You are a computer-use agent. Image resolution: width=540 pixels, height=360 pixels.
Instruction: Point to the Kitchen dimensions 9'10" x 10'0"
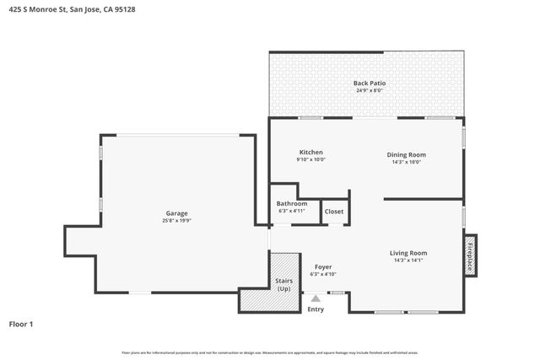point(310,160)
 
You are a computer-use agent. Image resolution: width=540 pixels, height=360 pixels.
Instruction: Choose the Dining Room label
point(406,154)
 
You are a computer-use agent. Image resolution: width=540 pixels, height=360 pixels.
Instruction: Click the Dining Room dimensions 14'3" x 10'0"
point(406,162)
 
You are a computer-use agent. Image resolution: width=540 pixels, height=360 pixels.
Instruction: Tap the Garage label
point(176,213)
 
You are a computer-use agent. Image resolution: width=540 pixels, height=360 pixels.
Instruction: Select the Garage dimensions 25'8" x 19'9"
point(176,221)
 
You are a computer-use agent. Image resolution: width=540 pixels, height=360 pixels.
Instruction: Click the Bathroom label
point(292,203)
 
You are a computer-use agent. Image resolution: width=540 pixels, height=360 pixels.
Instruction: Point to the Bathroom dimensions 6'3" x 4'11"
point(292,211)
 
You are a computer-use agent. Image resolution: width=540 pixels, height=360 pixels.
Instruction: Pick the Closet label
point(334,212)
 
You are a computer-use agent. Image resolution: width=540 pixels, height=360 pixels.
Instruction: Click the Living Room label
point(408,253)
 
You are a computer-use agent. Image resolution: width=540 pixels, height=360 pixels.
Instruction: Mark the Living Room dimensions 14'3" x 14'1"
point(408,261)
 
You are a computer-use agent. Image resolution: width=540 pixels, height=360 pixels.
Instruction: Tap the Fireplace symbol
point(470,255)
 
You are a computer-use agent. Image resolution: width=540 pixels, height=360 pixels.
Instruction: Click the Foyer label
point(322,266)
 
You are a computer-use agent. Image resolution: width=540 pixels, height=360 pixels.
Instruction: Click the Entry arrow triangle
point(316,298)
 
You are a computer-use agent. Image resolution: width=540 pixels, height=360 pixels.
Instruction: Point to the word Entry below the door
point(316,309)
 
